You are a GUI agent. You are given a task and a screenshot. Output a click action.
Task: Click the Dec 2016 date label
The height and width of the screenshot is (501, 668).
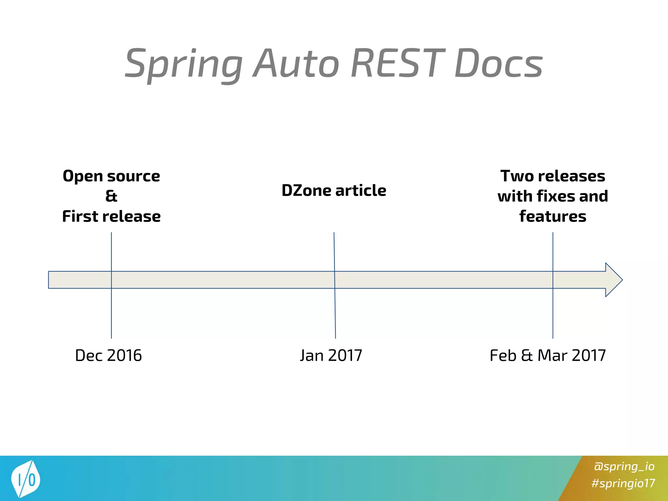[108, 355]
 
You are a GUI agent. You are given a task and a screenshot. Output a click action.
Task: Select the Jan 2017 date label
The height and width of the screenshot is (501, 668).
[331, 355]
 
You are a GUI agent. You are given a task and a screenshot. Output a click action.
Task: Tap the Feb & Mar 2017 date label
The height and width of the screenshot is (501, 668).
[548, 355]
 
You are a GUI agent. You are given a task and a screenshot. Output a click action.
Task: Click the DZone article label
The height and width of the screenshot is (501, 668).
[334, 190]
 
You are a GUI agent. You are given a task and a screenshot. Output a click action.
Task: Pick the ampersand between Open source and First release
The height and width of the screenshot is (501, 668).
[111, 196]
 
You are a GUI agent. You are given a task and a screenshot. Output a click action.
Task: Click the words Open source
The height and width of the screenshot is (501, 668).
[111, 176]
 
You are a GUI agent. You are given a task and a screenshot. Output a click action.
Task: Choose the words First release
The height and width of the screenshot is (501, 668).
[111, 216]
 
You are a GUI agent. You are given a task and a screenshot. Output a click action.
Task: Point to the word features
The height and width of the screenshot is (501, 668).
[553, 216]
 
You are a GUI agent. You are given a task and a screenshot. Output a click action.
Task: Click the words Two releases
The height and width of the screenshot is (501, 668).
[553, 176]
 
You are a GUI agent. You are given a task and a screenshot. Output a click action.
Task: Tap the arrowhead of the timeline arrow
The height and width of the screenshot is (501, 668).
[613, 280]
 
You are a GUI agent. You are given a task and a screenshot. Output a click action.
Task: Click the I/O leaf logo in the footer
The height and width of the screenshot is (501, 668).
[25, 478]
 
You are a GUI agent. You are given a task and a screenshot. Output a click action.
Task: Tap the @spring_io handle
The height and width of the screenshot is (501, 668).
[624, 466]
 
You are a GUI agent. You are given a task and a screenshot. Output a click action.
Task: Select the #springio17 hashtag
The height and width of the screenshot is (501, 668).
[623, 483]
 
